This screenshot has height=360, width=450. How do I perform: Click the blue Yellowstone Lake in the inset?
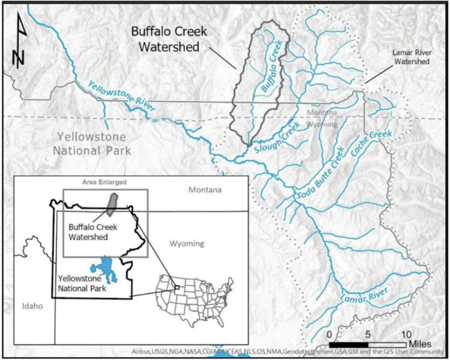click(x=109, y=268)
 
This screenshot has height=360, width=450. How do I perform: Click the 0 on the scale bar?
click(x=329, y=334)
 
